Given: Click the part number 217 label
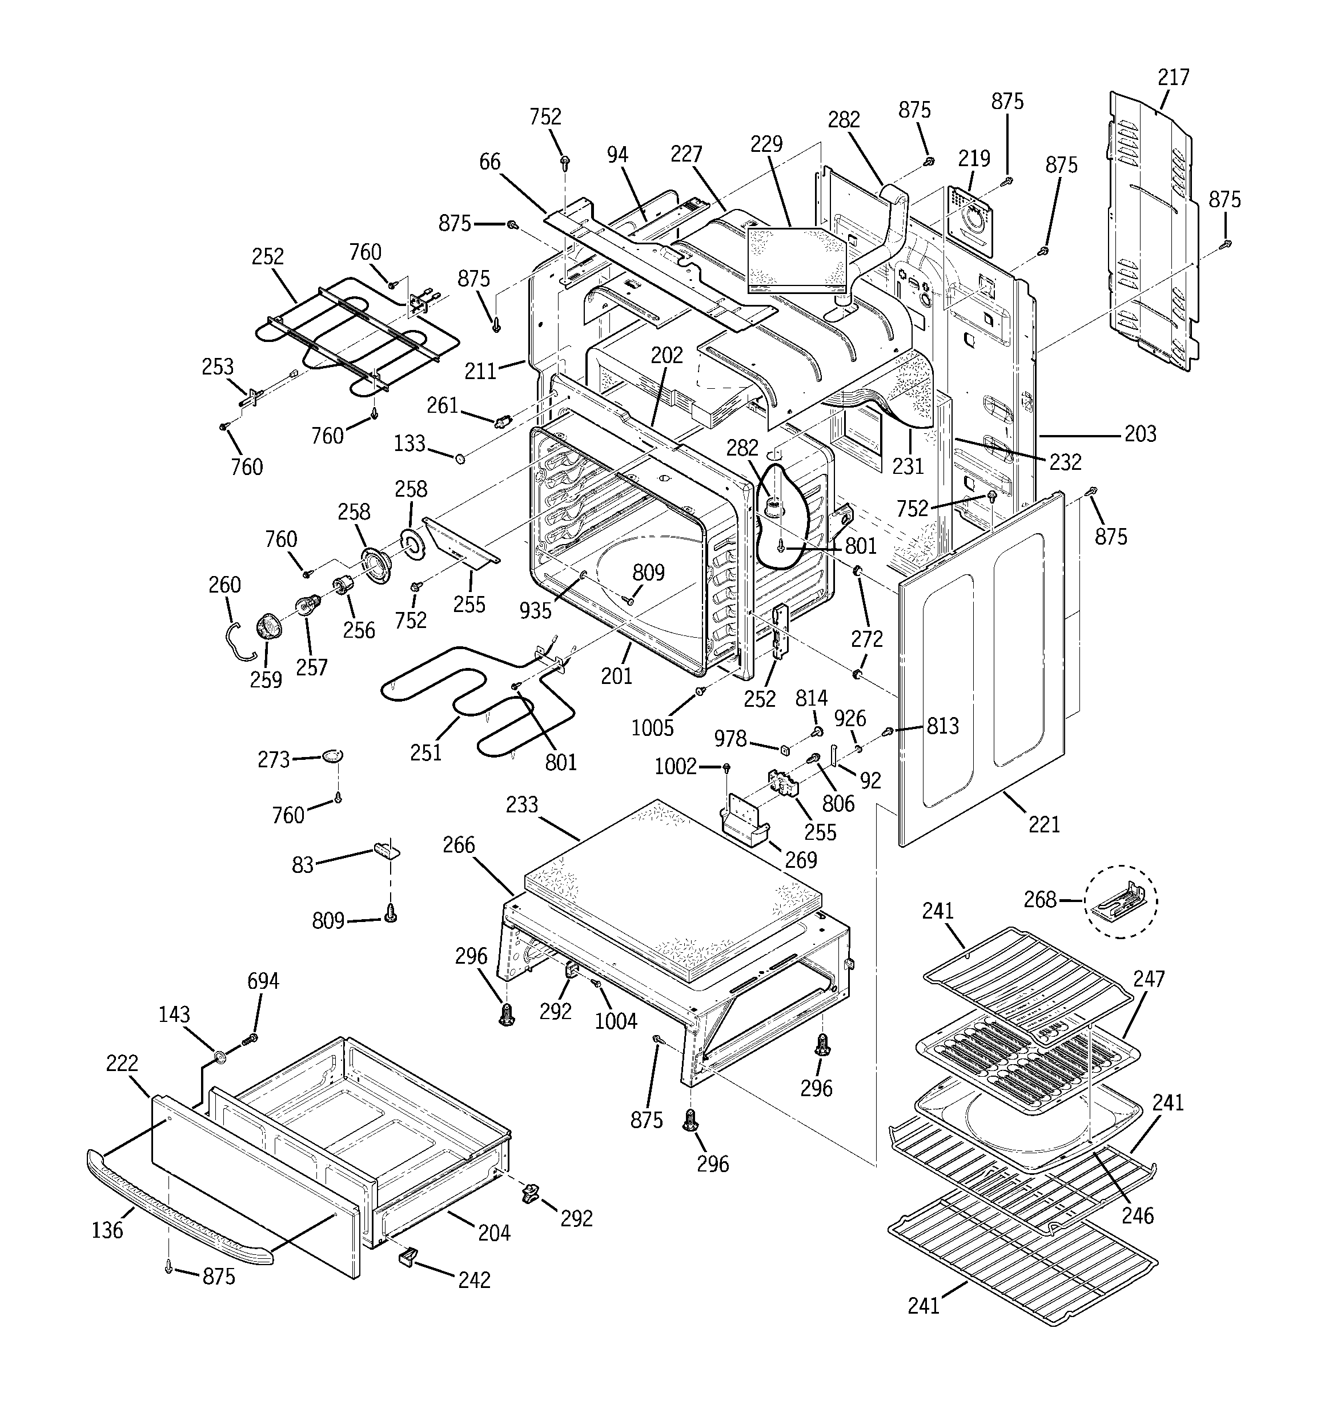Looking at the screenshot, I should [1173, 77].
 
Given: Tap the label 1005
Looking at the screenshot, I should [652, 727].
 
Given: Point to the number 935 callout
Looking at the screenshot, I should [535, 610].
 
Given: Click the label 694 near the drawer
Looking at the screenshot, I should [263, 981].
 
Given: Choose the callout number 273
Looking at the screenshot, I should [274, 760].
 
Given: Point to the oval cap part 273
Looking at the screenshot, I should [332, 755].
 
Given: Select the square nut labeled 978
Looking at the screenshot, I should [785, 749].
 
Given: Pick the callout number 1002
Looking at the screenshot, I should [675, 766].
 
